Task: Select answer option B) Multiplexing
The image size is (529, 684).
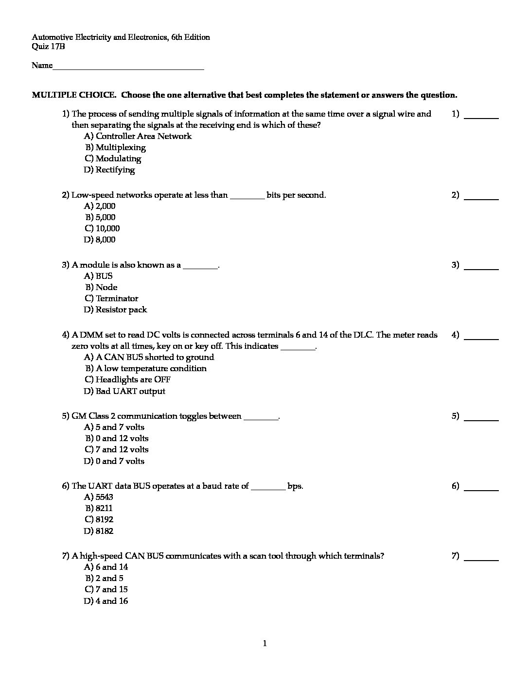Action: tap(116, 147)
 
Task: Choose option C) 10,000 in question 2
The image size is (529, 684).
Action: tap(102, 228)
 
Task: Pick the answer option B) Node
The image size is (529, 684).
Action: tap(101, 287)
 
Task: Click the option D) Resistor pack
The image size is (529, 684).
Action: tap(115, 309)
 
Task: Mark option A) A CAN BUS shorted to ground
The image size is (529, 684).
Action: tap(149, 357)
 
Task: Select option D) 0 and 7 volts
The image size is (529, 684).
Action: tap(114, 461)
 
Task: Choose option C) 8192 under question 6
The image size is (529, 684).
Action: tap(99, 519)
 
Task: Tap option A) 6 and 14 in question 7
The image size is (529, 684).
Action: tap(106, 567)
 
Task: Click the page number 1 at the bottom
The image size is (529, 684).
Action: tap(264, 644)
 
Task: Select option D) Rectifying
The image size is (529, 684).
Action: tap(109, 170)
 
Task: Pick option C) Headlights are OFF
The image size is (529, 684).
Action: tap(127, 379)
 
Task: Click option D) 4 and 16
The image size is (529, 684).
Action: tap(106, 601)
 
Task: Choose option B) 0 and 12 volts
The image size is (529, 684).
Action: tap(117, 438)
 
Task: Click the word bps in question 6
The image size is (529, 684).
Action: tap(295, 486)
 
